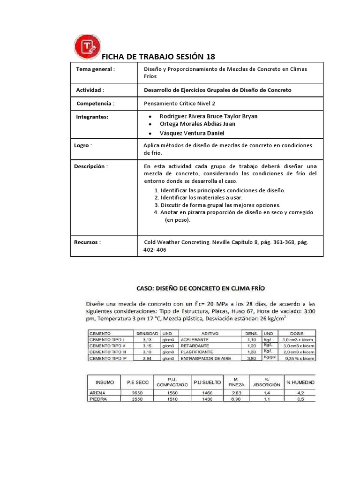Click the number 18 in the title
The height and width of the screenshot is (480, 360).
click(210, 57)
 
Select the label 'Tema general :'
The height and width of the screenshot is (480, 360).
click(95, 69)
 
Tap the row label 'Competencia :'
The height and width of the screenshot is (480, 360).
click(95, 103)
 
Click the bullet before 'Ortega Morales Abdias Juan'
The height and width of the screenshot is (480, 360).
click(150, 124)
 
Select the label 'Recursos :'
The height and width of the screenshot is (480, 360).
click(88, 242)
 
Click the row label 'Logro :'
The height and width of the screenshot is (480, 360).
click(83, 145)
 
